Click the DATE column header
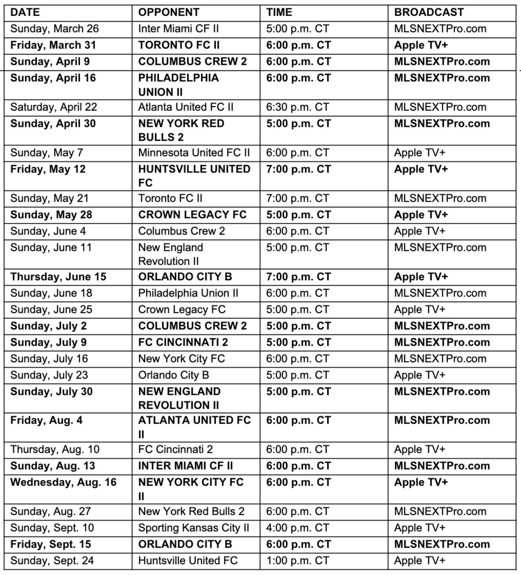(25, 12)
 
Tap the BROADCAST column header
(429, 12)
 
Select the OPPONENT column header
(169, 12)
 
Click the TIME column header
(279, 12)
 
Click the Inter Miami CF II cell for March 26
(178, 29)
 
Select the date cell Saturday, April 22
(54, 107)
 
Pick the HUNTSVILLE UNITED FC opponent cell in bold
(194, 176)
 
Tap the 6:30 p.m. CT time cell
(298, 107)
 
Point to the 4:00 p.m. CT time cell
(298, 528)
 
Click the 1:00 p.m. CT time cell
(298, 560)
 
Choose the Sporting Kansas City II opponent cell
(193, 528)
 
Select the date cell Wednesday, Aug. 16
(63, 483)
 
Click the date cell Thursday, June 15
(58, 277)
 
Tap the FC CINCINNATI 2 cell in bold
(183, 342)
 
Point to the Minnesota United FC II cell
(194, 153)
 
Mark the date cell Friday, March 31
(53, 45)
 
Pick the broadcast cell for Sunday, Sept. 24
(420, 560)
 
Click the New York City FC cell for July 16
(182, 359)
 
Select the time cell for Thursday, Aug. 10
(298, 449)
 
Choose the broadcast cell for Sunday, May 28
(421, 215)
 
